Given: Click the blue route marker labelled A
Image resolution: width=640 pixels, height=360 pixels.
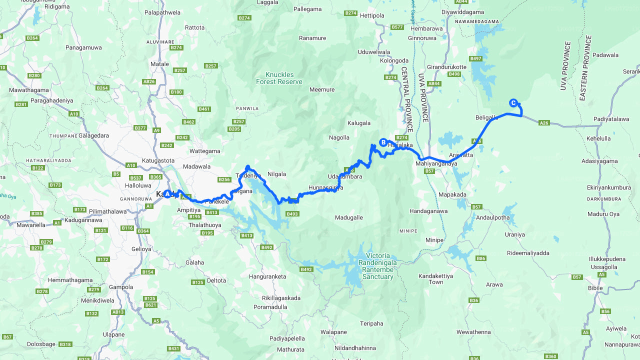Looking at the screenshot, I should click(167, 194).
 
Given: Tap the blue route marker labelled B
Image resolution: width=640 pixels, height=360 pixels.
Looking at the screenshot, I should click(383, 142).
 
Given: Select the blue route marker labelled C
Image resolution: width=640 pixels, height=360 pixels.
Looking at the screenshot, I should click(512, 103).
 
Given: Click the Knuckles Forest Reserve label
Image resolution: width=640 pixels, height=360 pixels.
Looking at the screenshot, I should click(279, 78).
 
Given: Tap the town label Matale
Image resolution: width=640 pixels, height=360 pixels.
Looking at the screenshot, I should click(160, 64).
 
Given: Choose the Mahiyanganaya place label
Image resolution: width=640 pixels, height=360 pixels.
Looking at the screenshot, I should click(436, 163).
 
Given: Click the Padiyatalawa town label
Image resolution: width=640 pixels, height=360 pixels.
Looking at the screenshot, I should click(611, 118).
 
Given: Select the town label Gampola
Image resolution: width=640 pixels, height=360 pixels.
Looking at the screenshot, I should click(121, 287).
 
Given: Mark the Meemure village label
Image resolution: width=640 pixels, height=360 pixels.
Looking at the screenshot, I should click(322, 89).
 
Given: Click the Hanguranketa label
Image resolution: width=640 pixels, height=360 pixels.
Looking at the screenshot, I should click(267, 276).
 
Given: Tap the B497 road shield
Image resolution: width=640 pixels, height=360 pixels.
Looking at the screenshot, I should click(475, 58).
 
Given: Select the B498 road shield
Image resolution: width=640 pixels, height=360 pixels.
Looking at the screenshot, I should click(454, 74).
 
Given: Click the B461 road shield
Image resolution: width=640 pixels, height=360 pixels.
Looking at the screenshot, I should click(204, 109).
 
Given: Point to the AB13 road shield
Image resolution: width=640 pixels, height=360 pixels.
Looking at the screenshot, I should click(118, 312).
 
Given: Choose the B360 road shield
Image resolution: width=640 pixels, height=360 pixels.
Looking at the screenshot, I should click(550, 356).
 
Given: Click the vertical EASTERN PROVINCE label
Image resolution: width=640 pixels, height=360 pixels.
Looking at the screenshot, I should click(582, 68).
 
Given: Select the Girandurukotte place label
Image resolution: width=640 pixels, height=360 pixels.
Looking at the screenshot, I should click(446, 67).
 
